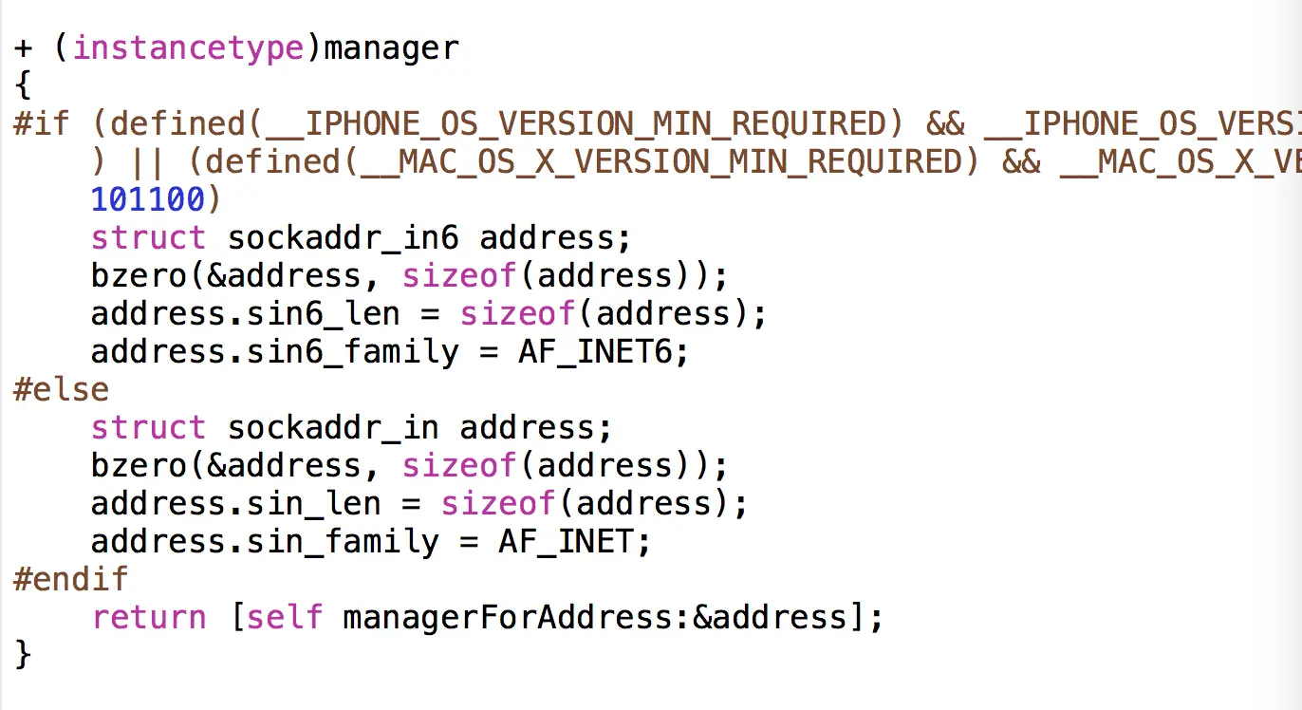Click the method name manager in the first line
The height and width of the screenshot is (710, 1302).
pos(391,47)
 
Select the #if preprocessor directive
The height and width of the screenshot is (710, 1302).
pos(42,123)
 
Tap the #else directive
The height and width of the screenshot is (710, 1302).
pos(61,389)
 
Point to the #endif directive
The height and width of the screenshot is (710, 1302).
pos(70,579)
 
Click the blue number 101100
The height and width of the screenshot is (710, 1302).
pos(147,199)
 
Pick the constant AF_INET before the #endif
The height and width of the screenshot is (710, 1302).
pos(574,541)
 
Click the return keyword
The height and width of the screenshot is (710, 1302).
pos(148,618)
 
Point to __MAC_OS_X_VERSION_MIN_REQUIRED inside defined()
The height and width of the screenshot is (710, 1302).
pos(663,161)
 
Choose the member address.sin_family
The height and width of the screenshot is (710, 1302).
pos(265,541)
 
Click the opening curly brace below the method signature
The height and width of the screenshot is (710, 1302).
pos(24,86)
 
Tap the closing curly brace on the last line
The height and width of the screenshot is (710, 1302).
pos(24,655)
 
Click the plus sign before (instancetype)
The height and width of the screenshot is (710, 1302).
pos(24,48)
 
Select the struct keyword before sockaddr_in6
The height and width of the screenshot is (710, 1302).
pos(148,237)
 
